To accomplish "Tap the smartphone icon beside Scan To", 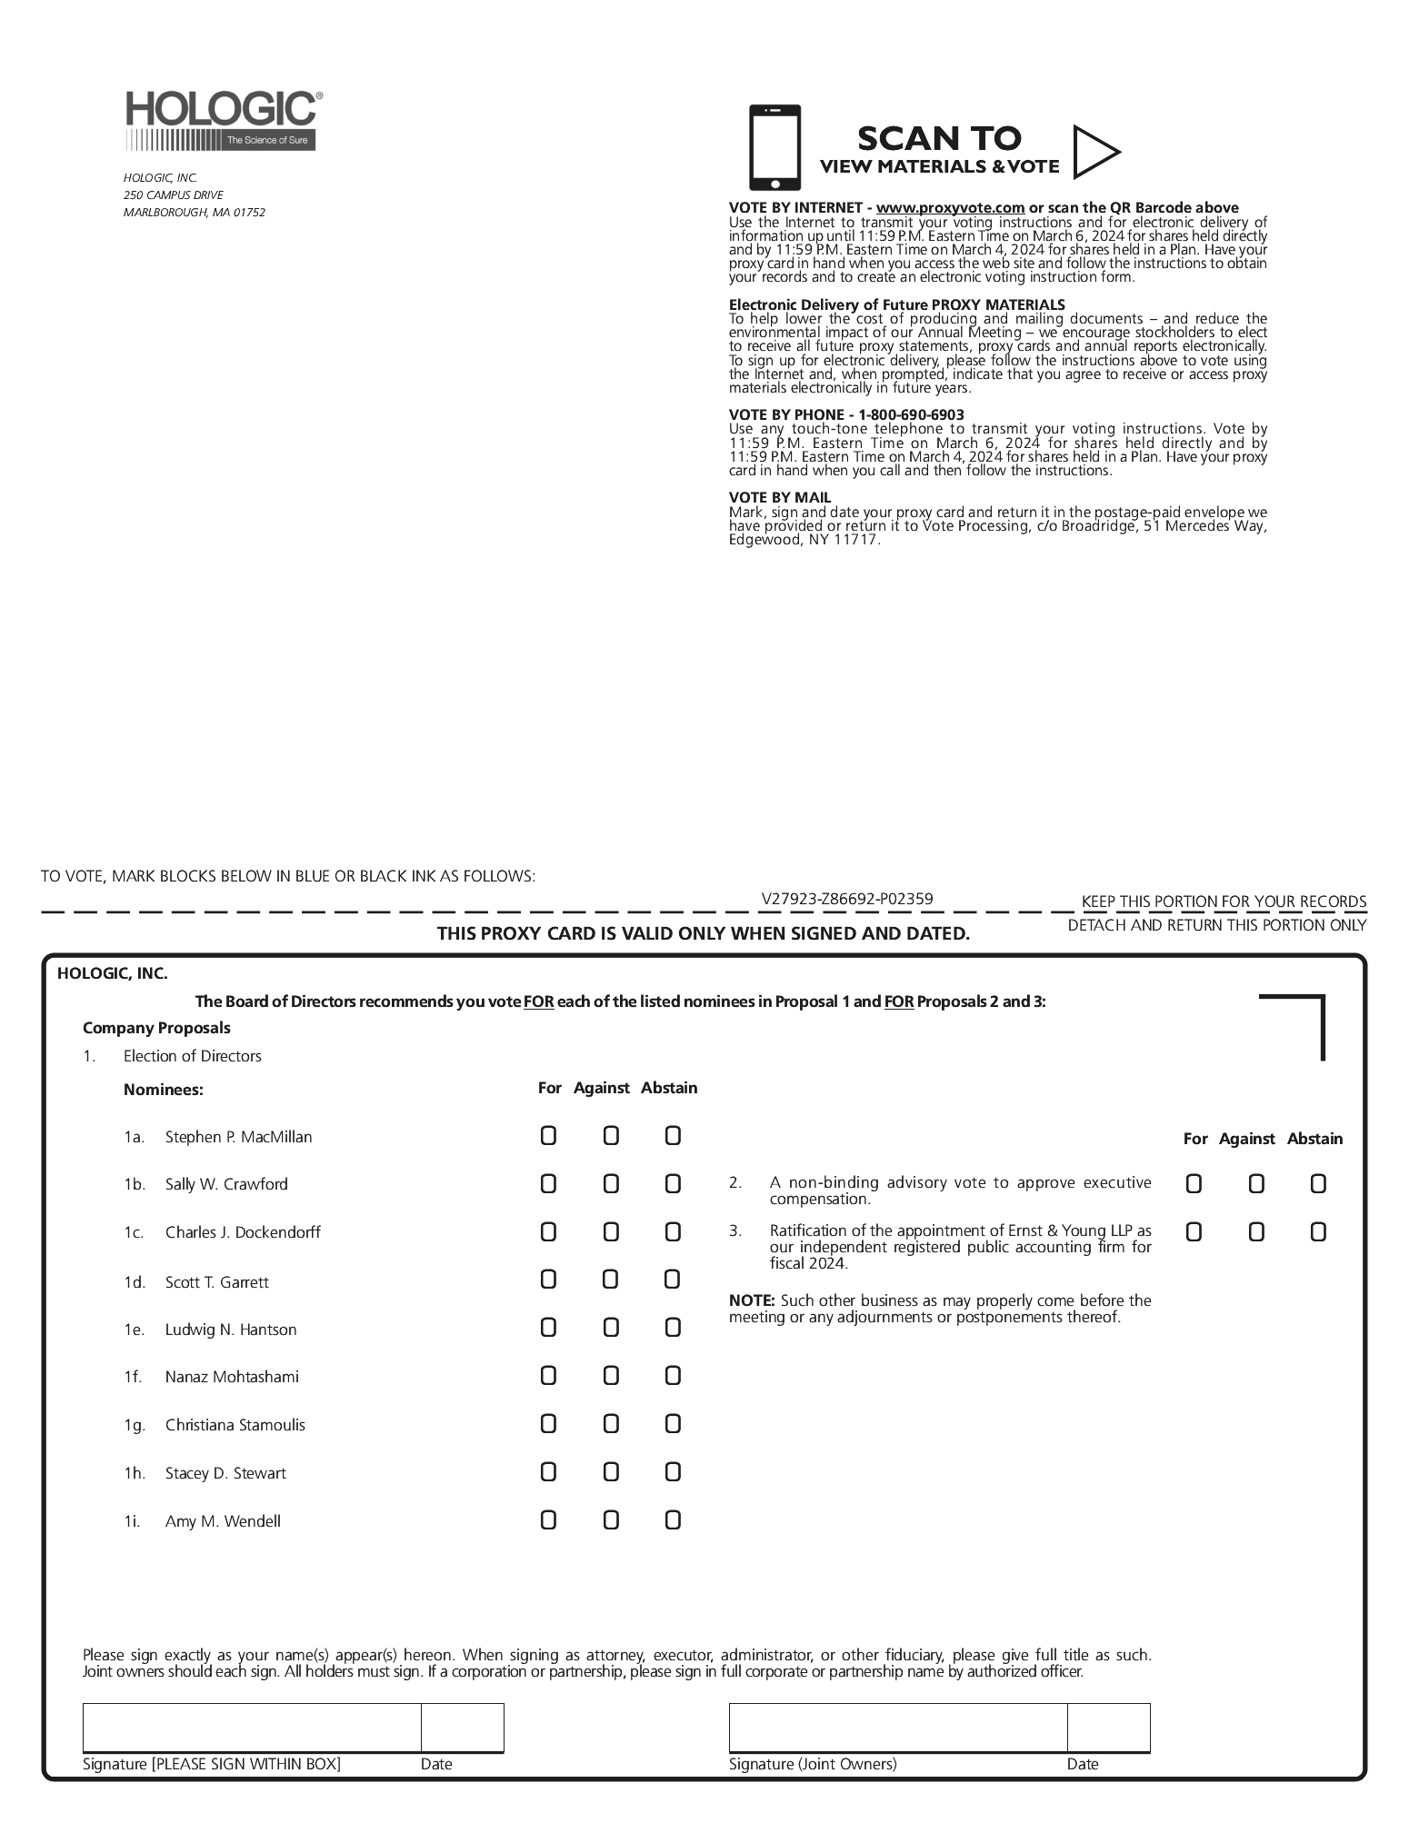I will [x=774, y=148].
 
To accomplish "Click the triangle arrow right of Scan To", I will [x=1094, y=152].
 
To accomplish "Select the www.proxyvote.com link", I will [x=950, y=208].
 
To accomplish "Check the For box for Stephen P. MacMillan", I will [x=548, y=1136].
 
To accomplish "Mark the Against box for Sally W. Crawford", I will [x=611, y=1184].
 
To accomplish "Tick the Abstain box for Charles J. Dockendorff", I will [x=673, y=1232].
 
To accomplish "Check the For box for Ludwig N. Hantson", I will [x=548, y=1328].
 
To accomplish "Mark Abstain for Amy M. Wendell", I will [x=673, y=1519].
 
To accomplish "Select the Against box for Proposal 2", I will [x=1256, y=1184].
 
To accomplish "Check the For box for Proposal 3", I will [x=1194, y=1232].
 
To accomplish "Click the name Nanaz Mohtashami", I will [x=232, y=1377].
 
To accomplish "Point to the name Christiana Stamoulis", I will [x=235, y=1425].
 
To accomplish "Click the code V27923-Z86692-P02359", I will [x=847, y=900].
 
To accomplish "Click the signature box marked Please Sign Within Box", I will [x=252, y=1728].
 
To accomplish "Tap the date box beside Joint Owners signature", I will [x=1108, y=1728].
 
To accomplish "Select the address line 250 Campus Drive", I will [x=174, y=195].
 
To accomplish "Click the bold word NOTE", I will [x=751, y=1301].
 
